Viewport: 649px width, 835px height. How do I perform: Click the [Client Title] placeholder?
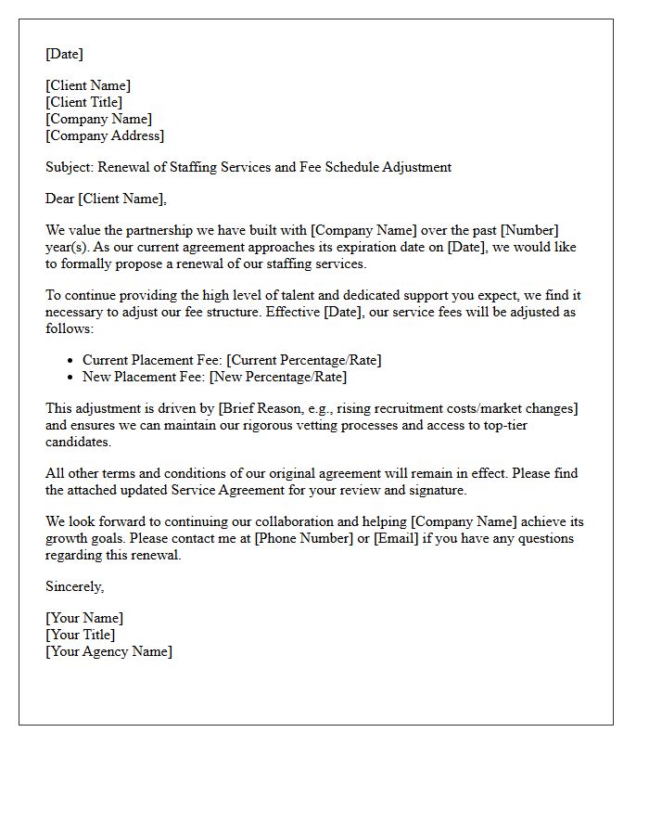point(84,102)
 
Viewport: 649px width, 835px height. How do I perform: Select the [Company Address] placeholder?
point(105,135)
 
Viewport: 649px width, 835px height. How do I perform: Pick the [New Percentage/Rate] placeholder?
point(278,377)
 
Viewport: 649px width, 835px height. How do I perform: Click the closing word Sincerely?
point(74,586)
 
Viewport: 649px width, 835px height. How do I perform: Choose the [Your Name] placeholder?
point(84,618)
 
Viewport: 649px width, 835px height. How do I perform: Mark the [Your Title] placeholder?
point(81,635)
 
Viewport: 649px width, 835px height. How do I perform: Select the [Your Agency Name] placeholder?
point(108,651)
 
